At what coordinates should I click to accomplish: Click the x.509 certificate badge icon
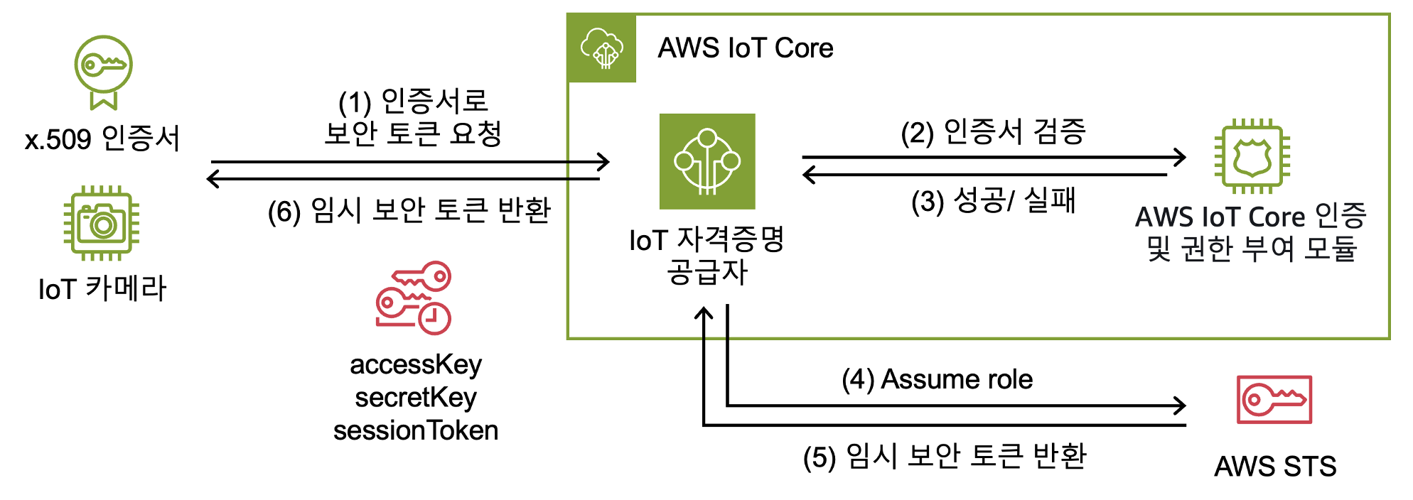tap(104, 72)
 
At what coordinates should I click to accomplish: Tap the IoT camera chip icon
tap(102, 223)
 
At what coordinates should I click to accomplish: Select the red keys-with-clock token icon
tap(414, 298)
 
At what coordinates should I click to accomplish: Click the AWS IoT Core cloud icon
tap(602, 48)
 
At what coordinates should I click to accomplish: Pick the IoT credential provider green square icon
tap(707, 161)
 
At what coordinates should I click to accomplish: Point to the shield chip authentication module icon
tap(1252, 156)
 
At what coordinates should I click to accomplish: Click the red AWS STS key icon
tap(1274, 400)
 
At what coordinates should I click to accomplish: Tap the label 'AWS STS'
tap(1275, 467)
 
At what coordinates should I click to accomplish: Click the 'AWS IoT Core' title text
tap(746, 48)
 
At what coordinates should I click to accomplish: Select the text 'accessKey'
tap(416, 365)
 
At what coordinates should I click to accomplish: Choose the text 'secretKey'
tap(416, 398)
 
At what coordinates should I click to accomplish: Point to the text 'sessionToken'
tap(416, 430)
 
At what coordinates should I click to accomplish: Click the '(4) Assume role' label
tap(937, 380)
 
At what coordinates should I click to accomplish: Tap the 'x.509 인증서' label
tap(102, 138)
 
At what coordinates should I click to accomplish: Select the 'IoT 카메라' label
tap(102, 289)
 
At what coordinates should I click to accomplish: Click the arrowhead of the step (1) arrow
tap(604, 162)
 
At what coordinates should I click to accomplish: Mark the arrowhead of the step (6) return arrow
tap(212, 178)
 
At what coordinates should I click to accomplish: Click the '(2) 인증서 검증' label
tap(994, 132)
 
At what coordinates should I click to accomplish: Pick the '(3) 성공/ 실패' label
tap(994, 201)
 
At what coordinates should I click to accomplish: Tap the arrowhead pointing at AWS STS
tap(1181, 406)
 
